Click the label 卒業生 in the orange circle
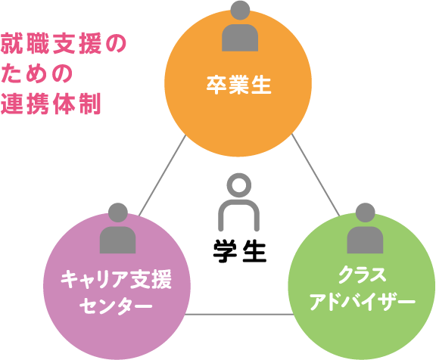click(x=238, y=85)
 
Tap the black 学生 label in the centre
click(x=240, y=251)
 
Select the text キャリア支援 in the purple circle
click(x=117, y=279)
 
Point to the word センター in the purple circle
click(x=116, y=306)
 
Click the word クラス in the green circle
click(x=363, y=275)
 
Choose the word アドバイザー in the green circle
click(x=363, y=301)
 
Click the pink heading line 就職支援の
click(x=64, y=43)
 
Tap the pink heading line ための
click(x=36, y=73)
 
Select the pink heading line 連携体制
click(x=51, y=104)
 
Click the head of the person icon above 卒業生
click(x=240, y=11)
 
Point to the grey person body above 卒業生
click(x=240, y=38)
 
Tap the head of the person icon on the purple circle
click(x=118, y=213)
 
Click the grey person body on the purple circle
click(x=117, y=240)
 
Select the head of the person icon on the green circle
click(x=365, y=213)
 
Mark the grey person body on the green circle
click(x=365, y=240)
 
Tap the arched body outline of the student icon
click(x=220, y=216)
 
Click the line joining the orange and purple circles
click(x=162, y=175)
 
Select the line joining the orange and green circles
click(x=316, y=175)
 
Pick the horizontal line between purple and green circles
click(x=239, y=315)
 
